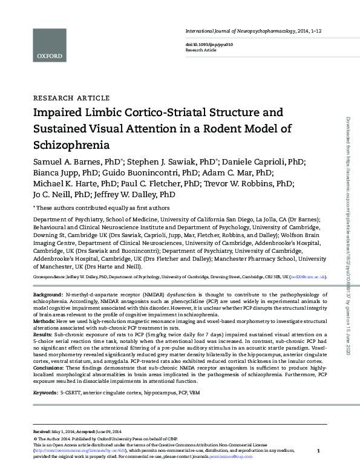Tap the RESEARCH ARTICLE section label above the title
(71, 98)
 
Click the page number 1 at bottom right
(318, 451)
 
